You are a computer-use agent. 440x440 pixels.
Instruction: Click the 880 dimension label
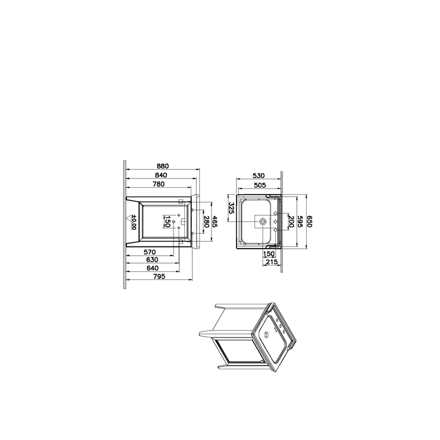tap(163, 166)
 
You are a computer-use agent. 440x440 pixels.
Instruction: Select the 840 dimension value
tap(161, 175)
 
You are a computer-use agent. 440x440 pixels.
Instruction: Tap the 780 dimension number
tap(158, 184)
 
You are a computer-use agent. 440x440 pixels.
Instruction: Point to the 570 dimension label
tap(150, 252)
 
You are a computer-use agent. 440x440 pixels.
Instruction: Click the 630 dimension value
tap(152, 260)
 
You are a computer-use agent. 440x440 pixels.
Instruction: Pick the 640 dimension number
tap(152, 268)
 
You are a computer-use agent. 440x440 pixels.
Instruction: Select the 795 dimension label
tap(159, 277)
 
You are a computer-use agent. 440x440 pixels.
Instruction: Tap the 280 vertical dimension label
tap(206, 221)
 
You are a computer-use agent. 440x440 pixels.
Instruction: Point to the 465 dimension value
tap(215, 221)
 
